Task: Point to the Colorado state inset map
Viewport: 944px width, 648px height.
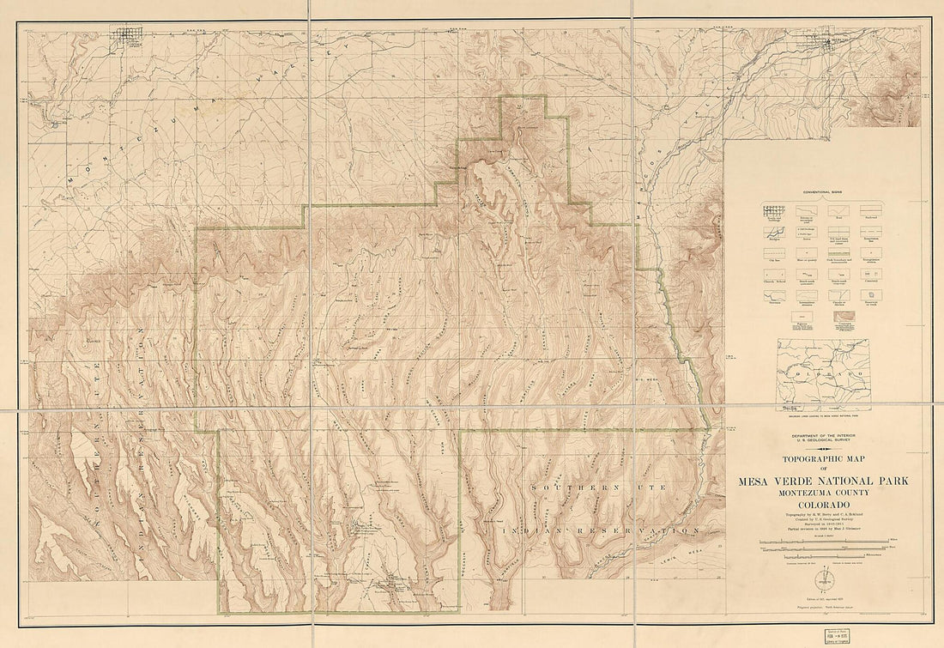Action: tap(823, 374)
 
